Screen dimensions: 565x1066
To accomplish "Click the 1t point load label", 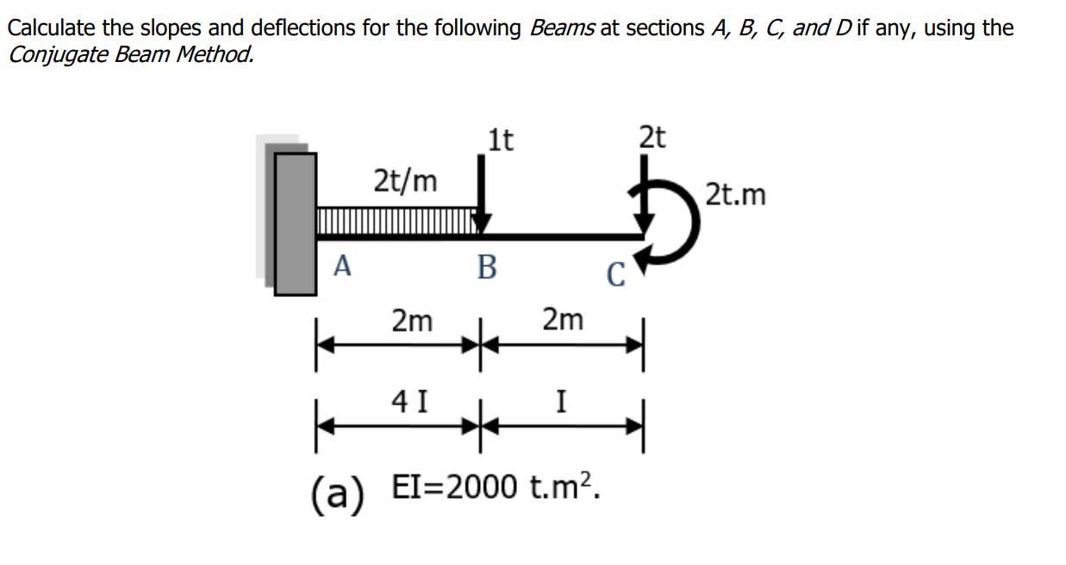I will tap(500, 139).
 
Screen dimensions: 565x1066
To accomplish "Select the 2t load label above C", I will tap(652, 137).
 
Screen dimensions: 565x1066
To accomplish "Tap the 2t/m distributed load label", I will tap(405, 182).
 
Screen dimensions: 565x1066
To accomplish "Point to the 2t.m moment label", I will tap(735, 196).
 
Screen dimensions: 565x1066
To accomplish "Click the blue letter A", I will tap(342, 267).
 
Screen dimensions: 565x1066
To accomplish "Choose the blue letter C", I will tap(614, 275).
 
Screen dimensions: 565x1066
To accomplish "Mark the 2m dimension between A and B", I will tap(412, 321).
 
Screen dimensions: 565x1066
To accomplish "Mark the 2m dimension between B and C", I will tap(563, 320).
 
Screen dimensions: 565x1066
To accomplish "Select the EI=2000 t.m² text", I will tap(496, 488).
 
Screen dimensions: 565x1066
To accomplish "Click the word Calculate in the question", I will tap(52, 28).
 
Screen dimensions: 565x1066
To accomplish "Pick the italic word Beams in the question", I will tap(562, 28).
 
